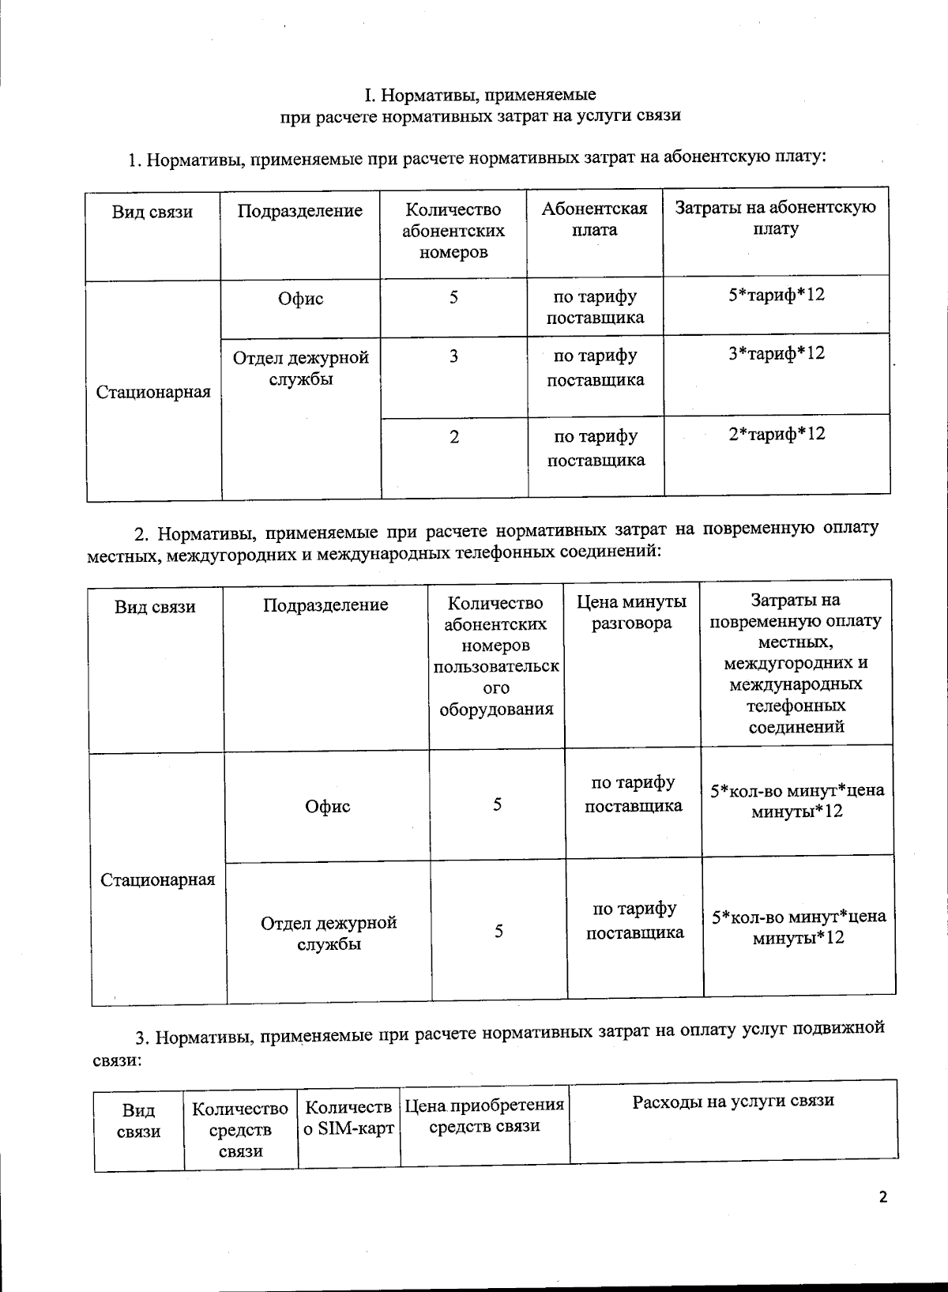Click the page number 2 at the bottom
882,1197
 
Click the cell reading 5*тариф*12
776,296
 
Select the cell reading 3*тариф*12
776,353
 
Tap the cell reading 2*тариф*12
777,434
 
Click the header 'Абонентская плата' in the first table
594,219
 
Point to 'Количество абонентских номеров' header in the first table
453,231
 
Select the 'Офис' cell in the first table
300,299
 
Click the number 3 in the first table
453,356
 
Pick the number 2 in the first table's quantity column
454,437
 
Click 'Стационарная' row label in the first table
153,392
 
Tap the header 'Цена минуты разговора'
631,612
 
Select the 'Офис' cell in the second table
327,806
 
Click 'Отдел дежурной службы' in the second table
329,933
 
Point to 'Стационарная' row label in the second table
158,880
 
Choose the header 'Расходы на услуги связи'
732,1101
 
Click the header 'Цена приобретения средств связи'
484,1115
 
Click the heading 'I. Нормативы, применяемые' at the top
480,96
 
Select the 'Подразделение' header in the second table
325,605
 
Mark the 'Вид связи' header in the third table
138,1121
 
